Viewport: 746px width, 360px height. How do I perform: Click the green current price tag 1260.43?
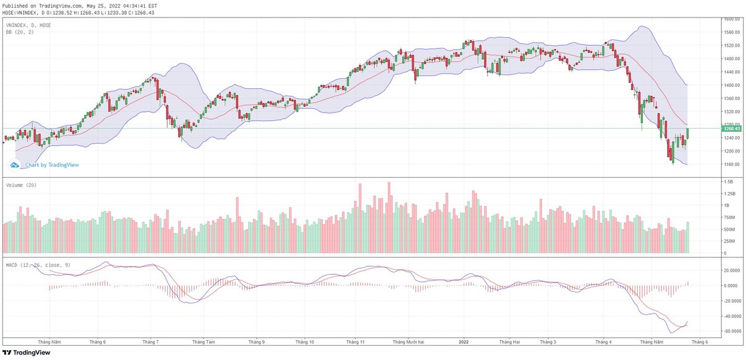click(731, 129)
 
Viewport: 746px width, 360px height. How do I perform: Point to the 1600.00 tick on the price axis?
click(731, 19)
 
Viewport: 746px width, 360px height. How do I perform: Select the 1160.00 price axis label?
click(731, 164)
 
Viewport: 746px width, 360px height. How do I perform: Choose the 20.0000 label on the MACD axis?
click(730, 270)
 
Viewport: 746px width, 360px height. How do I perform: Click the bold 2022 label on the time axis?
click(464, 342)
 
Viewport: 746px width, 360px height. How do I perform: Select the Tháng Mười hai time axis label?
click(408, 342)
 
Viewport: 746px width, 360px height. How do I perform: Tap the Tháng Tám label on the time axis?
click(203, 342)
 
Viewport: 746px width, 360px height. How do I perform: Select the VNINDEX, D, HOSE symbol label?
click(29, 25)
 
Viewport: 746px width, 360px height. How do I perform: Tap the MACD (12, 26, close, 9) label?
click(38, 265)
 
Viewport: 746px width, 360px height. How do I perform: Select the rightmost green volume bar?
click(688, 238)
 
